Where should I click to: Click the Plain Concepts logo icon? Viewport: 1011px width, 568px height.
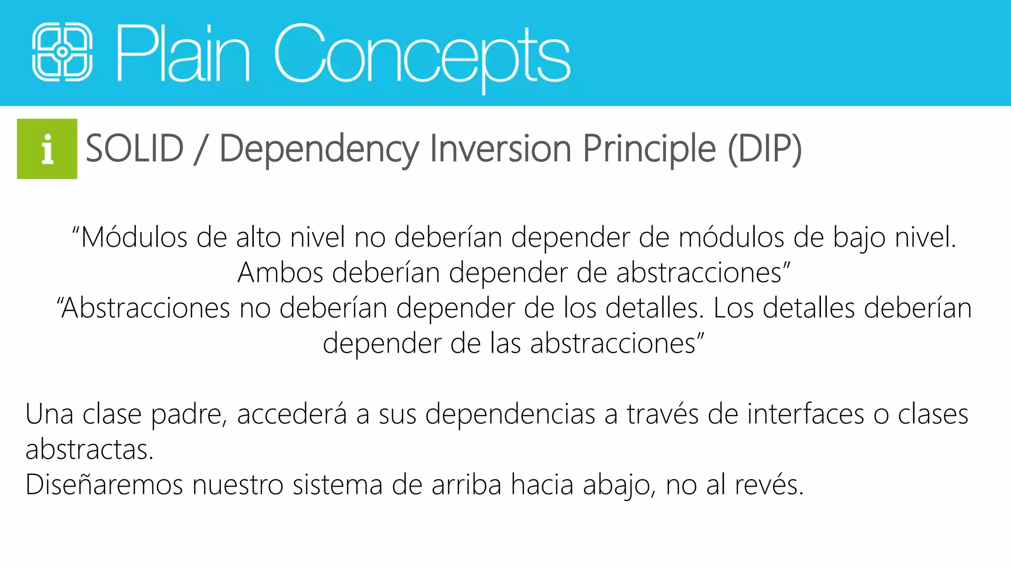click(62, 52)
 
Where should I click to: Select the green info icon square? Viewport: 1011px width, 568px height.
click(47, 149)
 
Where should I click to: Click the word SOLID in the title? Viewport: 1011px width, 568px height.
click(135, 149)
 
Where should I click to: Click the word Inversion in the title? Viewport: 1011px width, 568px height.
click(501, 149)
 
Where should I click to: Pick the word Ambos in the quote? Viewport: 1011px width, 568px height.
click(280, 273)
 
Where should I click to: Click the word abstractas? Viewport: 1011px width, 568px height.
click(89, 450)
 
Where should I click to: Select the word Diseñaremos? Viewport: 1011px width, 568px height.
click(104, 485)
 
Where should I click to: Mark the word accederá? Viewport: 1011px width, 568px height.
click(292, 414)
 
